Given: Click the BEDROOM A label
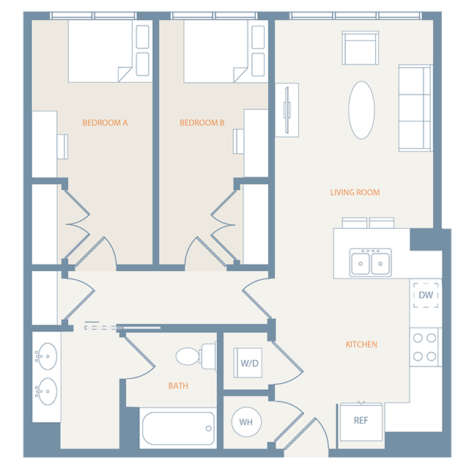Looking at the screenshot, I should pos(105,123).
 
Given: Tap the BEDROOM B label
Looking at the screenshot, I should pos(202,123).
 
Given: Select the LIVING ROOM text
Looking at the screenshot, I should pos(355,193).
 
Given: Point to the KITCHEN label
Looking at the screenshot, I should pos(361,344).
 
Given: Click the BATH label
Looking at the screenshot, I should pos(178,385).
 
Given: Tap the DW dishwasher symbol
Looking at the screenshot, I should pos(426,295).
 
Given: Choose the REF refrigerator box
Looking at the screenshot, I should pos(361,421).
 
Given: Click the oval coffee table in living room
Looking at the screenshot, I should pos(361,109).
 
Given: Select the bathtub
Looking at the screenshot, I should pos(178,428).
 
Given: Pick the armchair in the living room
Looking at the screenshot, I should pos(361,48).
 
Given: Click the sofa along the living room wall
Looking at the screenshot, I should pos(415,108).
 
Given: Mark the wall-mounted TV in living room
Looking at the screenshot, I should pos(287,110).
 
